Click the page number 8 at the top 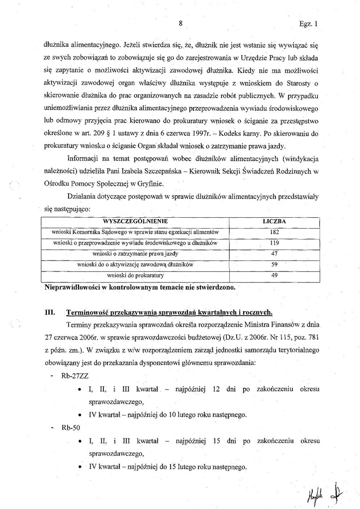(x=181, y=23)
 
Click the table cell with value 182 (x=274, y=232)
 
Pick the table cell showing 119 (x=274, y=243)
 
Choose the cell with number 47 (x=274, y=254)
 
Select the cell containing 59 (x=274, y=264)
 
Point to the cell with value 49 (x=274, y=275)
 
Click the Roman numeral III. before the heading (x=49, y=313)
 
